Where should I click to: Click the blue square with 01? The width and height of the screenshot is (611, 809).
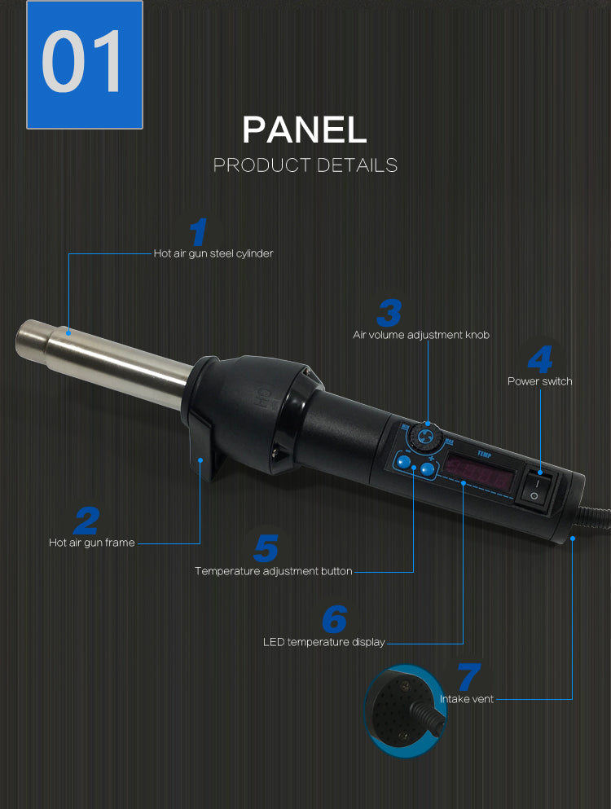click(x=85, y=64)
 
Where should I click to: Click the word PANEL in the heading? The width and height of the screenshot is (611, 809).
click(x=305, y=130)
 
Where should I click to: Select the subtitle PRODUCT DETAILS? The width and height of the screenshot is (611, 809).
click(x=305, y=165)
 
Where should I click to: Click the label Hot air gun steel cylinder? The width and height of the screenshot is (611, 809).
click(x=213, y=253)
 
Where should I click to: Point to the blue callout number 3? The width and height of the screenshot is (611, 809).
click(x=389, y=313)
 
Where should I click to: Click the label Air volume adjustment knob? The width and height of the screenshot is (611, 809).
click(x=421, y=335)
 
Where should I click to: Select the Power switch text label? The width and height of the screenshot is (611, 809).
click(x=540, y=381)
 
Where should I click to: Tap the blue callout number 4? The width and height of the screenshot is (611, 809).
click(x=540, y=359)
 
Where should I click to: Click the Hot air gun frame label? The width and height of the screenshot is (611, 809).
click(x=92, y=543)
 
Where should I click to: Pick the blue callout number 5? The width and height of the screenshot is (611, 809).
click(x=266, y=548)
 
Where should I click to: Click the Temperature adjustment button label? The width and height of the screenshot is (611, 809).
click(x=274, y=571)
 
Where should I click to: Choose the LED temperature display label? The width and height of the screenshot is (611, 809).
click(x=324, y=642)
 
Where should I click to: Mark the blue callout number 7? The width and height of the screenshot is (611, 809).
click(x=469, y=676)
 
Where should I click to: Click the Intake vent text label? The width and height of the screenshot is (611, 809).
click(x=467, y=699)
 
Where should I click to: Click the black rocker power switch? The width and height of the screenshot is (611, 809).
click(x=536, y=490)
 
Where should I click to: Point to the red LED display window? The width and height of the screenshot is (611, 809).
click(x=480, y=473)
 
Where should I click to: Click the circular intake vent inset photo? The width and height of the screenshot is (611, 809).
click(x=406, y=711)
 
